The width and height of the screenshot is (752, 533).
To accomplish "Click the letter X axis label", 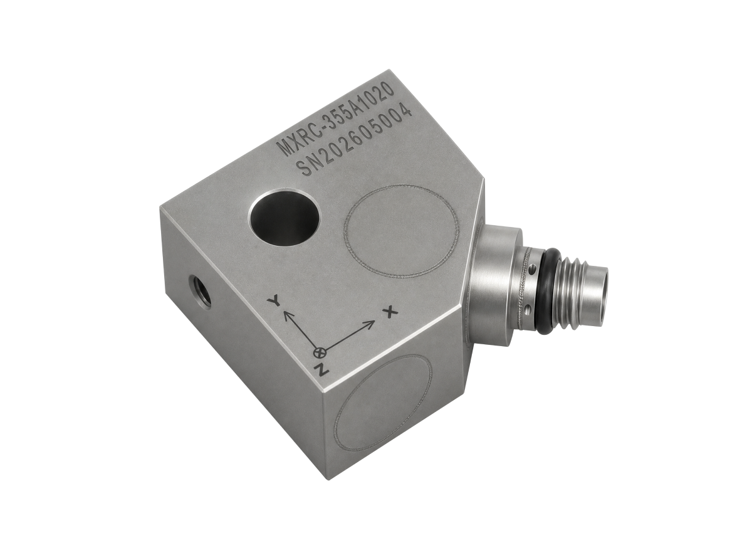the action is (x=390, y=312).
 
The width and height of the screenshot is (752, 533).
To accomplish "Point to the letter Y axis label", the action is (x=274, y=300).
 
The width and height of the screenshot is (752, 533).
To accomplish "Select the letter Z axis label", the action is (x=321, y=369).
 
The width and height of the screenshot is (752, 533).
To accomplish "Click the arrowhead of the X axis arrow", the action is (x=370, y=324).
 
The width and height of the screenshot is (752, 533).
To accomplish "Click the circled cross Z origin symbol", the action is (x=319, y=352).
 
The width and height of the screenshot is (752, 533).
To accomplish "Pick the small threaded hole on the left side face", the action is (x=200, y=292).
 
